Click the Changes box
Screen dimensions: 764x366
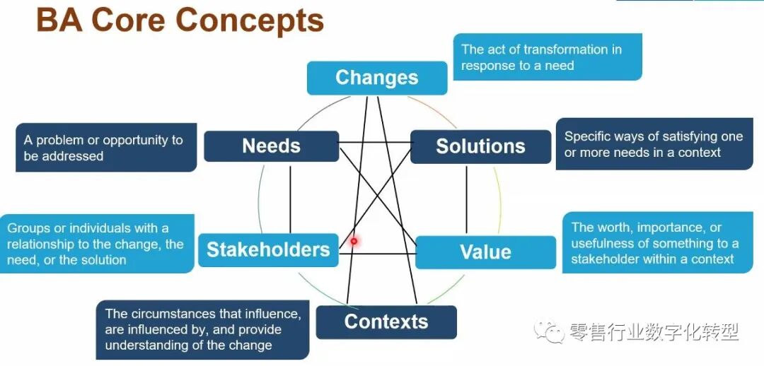click(x=376, y=78)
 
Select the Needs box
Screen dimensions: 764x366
click(x=271, y=146)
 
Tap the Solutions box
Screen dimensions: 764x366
click(x=480, y=147)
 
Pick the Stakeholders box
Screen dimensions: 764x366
click(x=268, y=249)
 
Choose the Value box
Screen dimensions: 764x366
click(x=485, y=252)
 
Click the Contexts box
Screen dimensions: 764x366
click(x=386, y=322)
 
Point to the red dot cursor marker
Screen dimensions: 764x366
click(x=354, y=242)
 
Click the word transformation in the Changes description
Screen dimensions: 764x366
click(x=564, y=49)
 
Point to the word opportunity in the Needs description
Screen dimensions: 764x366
click(x=136, y=140)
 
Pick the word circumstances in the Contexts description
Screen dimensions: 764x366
click(x=174, y=314)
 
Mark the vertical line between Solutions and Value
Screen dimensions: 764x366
click(x=466, y=200)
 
